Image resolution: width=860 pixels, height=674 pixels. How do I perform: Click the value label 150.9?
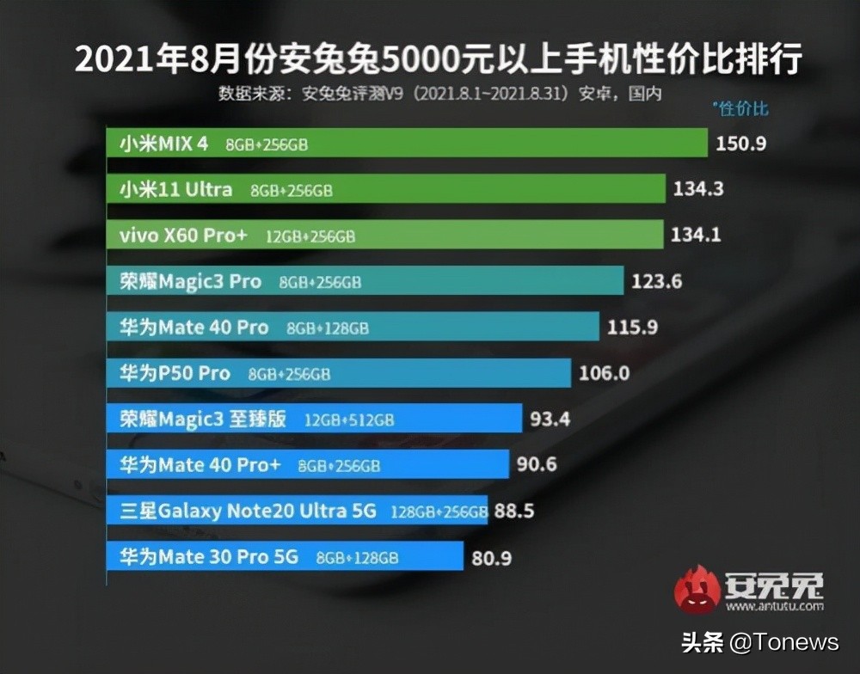(x=740, y=144)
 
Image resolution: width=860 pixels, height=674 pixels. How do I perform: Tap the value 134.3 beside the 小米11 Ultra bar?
(x=697, y=189)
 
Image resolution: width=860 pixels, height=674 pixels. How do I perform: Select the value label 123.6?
(x=656, y=281)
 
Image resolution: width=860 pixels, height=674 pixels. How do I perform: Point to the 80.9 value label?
(x=492, y=558)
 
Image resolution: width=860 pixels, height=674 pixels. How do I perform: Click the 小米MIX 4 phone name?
(x=163, y=144)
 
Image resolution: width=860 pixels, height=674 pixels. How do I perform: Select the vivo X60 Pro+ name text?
(x=182, y=236)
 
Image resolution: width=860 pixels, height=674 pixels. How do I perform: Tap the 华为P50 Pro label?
(x=175, y=373)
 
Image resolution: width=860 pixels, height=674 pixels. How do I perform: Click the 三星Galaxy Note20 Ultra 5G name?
(x=248, y=512)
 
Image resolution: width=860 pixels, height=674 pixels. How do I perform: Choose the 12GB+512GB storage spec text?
(x=349, y=420)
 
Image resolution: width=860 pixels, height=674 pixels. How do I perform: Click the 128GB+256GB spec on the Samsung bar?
(x=439, y=512)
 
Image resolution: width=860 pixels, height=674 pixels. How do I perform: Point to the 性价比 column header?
(x=741, y=108)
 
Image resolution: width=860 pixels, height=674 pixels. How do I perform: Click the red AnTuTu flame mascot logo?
(x=697, y=588)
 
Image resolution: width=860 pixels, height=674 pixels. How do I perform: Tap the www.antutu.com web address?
(x=774, y=606)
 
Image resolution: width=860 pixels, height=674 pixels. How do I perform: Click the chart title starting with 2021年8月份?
(x=439, y=60)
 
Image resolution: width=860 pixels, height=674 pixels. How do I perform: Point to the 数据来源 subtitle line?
(x=439, y=93)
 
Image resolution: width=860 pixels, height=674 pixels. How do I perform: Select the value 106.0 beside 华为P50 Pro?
(x=605, y=373)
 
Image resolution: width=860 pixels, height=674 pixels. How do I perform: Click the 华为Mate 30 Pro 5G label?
(x=209, y=557)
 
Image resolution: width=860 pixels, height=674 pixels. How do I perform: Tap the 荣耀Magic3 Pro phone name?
(x=190, y=281)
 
